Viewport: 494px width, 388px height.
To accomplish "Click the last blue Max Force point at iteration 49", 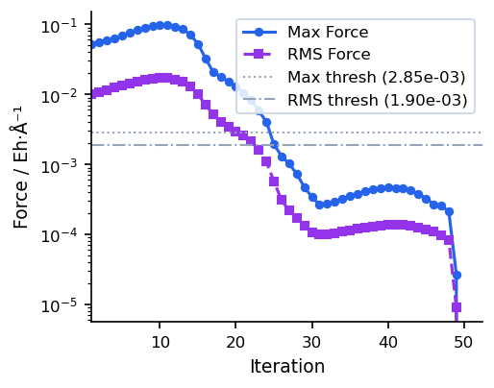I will coord(457,275).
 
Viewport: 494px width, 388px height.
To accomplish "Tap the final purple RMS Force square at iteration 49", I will coord(457,307).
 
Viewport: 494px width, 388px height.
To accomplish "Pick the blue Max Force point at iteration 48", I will coord(449,211).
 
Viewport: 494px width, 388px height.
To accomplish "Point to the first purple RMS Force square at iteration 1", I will coord(92,94).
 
